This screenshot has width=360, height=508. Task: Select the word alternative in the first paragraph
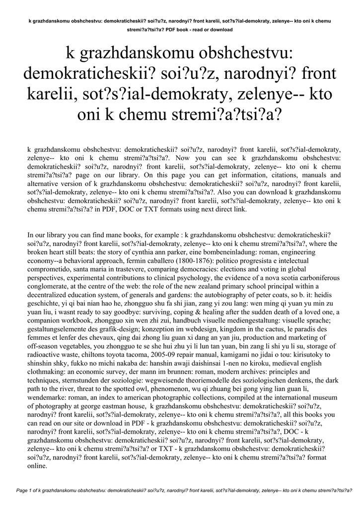tap(44, 184)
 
